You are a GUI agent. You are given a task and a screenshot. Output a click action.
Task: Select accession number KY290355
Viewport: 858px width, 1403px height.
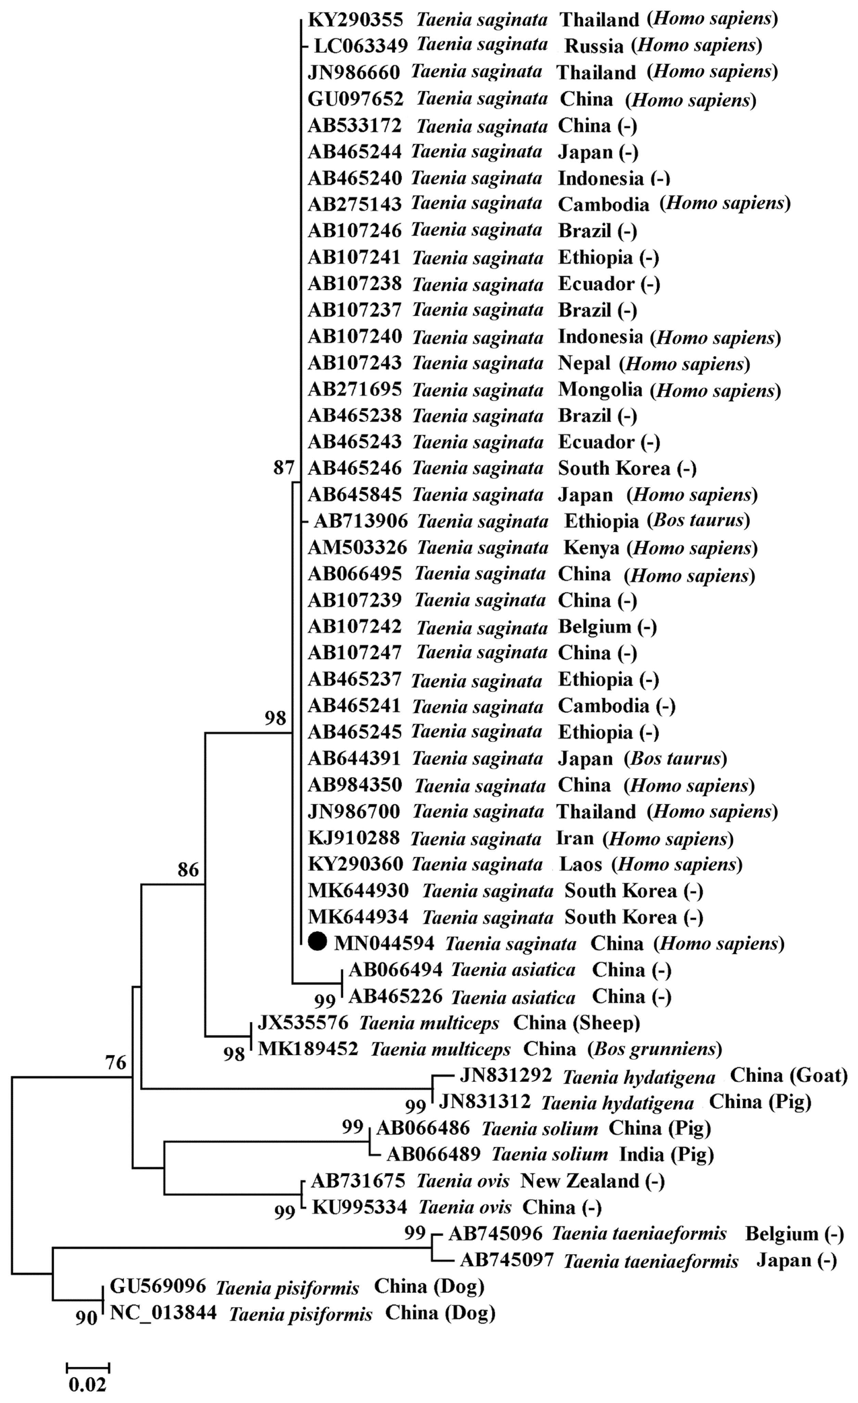click(355, 20)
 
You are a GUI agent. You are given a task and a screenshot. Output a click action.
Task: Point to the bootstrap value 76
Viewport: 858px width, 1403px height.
click(116, 1062)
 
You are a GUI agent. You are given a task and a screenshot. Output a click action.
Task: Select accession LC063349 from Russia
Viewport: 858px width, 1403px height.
click(361, 46)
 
